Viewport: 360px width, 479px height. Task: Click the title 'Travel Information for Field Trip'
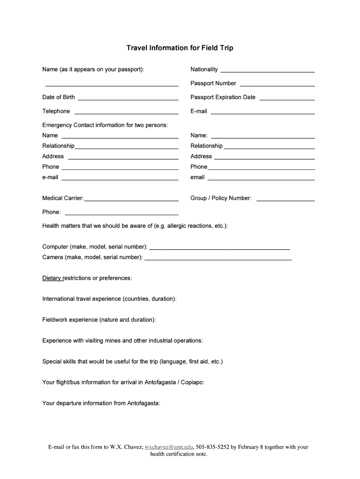(x=180, y=48)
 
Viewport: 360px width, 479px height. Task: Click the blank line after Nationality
(x=267, y=72)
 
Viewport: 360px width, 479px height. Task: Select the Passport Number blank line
(x=277, y=86)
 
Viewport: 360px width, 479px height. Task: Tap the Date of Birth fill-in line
(x=128, y=100)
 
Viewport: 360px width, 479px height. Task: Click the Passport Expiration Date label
(x=223, y=97)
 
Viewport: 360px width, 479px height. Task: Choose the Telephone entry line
(x=126, y=114)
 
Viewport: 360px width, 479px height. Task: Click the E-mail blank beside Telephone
(x=263, y=114)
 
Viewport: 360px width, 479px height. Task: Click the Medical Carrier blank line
(x=131, y=200)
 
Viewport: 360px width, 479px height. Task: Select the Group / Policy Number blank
(x=285, y=200)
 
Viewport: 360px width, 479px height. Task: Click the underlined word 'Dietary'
(x=52, y=278)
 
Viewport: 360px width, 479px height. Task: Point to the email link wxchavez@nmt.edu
(x=169, y=447)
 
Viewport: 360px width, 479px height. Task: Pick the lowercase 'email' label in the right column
(x=197, y=177)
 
